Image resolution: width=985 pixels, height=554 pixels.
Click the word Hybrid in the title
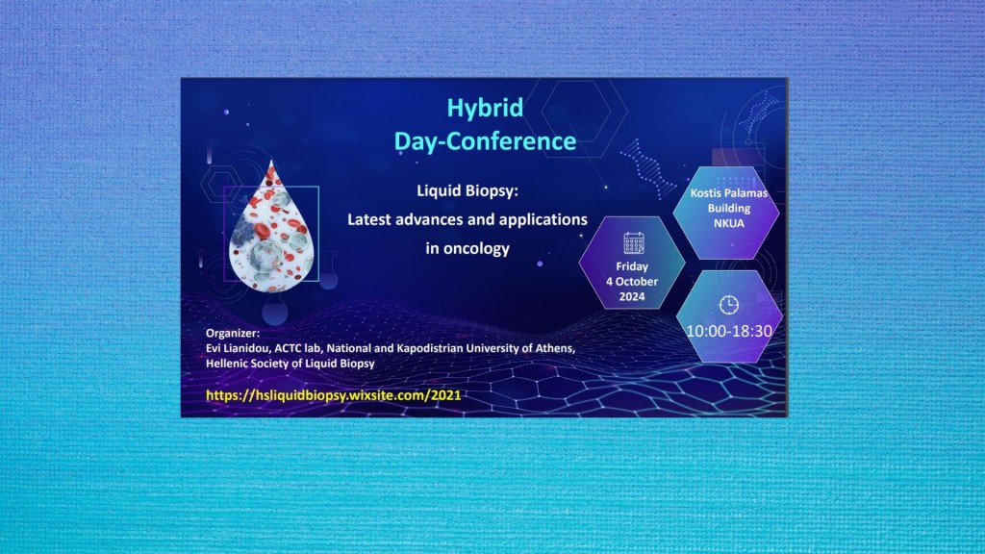pos(485,109)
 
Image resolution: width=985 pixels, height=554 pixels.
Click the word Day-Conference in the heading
pos(485,141)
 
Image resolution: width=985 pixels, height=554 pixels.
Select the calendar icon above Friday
pos(634,243)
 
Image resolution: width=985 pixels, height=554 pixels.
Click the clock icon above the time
pos(729,305)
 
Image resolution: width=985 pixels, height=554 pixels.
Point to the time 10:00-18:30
pos(729,331)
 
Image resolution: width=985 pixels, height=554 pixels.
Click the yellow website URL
pos(334,395)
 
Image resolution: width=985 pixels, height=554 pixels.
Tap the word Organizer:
pos(233,333)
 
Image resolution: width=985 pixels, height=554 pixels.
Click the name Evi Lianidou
pos(239,348)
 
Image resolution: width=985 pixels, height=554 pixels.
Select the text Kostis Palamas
pos(729,192)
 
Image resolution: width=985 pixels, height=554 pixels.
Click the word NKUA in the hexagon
pos(729,223)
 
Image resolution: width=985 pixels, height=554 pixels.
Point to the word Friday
pos(632,266)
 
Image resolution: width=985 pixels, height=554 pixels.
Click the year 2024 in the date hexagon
pos(632,296)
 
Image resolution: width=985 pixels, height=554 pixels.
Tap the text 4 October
pos(632,282)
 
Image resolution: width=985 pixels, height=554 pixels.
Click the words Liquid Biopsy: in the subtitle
pos(467,190)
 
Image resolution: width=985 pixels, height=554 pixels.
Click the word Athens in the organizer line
pos(555,348)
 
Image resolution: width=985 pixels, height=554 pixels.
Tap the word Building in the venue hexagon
pos(729,208)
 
